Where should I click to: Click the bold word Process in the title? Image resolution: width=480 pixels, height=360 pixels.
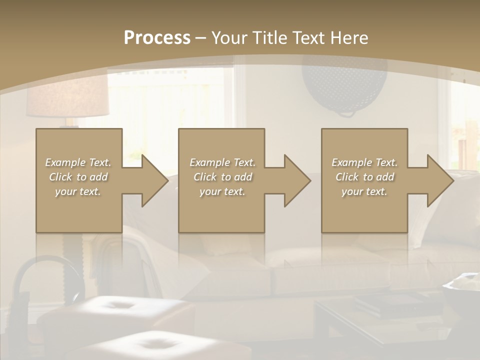(157, 38)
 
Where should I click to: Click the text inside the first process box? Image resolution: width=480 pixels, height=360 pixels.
(78, 177)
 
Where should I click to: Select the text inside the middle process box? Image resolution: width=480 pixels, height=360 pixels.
(222, 177)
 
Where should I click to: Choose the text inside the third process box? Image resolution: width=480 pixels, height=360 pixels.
(364, 177)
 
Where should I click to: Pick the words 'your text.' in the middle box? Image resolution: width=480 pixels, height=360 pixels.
(222, 191)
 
